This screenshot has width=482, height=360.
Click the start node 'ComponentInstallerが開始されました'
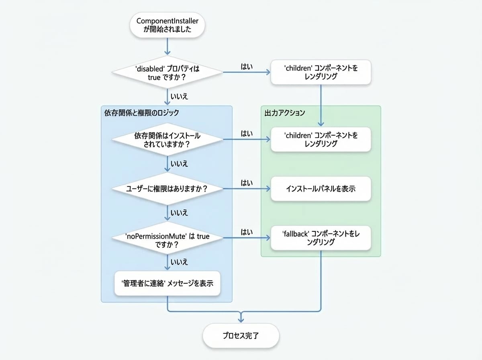pos(167,25)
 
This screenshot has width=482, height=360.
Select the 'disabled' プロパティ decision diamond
pos(167,72)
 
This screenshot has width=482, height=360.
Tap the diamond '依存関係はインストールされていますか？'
pos(167,139)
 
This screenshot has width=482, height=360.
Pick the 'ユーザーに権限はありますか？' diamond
pos(167,189)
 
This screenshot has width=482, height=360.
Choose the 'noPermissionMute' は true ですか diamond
pos(167,238)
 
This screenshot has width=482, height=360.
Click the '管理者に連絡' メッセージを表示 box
pos(167,283)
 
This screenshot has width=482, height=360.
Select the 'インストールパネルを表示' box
pos(321,189)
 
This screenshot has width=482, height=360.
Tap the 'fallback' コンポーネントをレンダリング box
pos(321,238)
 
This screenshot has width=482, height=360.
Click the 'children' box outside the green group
pos(321,72)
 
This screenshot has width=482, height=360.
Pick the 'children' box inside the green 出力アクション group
pos(321,139)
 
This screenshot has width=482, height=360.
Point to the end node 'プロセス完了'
pos(241,335)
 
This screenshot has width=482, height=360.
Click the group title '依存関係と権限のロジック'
pos(142,113)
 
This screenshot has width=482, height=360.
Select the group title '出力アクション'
pos(285,113)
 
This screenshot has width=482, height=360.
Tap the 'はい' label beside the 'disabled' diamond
pos(247,67)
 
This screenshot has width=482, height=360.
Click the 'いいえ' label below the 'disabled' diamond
pos(179,96)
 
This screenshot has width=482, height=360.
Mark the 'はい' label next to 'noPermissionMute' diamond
pos(247,232)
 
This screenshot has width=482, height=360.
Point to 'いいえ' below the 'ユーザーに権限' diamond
pos(179,213)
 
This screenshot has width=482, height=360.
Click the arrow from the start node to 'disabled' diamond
pos(167,46)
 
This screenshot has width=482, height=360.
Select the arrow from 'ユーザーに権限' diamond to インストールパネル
pos(247,189)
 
